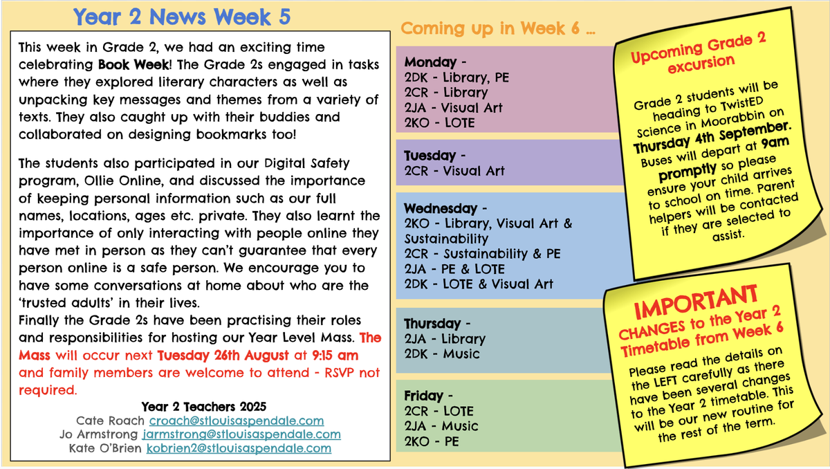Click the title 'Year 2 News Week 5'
click(181, 17)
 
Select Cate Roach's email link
click(237, 421)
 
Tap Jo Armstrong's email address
click(241, 434)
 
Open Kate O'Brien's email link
click(239, 448)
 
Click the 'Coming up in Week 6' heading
click(498, 28)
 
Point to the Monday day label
click(430, 62)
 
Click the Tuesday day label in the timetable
click(430, 156)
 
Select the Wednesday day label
click(441, 208)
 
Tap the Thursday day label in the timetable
click(432, 324)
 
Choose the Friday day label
click(423, 396)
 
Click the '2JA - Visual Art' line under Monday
click(453, 108)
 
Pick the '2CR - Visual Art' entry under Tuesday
click(454, 171)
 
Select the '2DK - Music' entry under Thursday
click(442, 353)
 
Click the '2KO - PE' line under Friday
click(432, 441)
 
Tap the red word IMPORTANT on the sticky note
click(696, 302)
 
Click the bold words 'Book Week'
click(133, 65)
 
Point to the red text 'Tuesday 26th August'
click(223, 356)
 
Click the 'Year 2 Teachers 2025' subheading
click(203, 407)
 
